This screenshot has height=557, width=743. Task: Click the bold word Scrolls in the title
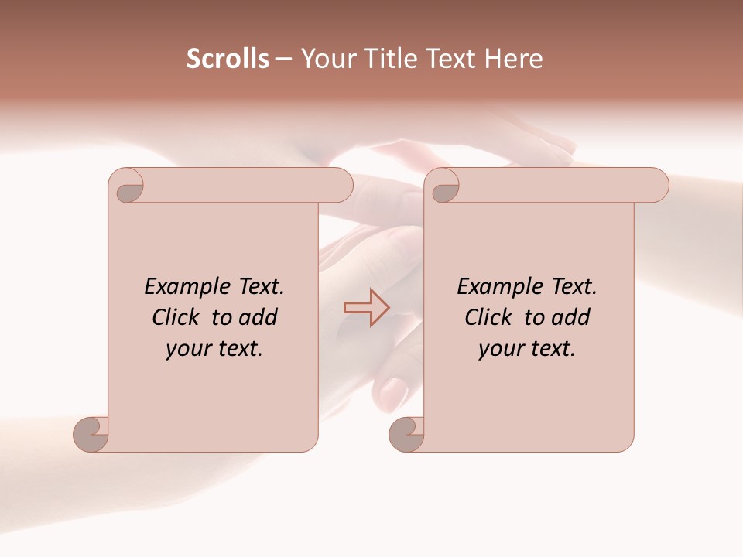pyautogui.click(x=228, y=58)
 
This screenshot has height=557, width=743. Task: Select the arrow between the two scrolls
pyautogui.click(x=366, y=307)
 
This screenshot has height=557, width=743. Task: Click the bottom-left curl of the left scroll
pyautogui.click(x=91, y=433)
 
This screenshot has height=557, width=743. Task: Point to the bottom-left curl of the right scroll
pyautogui.click(x=406, y=433)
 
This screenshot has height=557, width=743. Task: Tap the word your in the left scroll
pyautogui.click(x=187, y=349)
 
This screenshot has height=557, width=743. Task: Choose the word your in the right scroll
pyautogui.click(x=499, y=349)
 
